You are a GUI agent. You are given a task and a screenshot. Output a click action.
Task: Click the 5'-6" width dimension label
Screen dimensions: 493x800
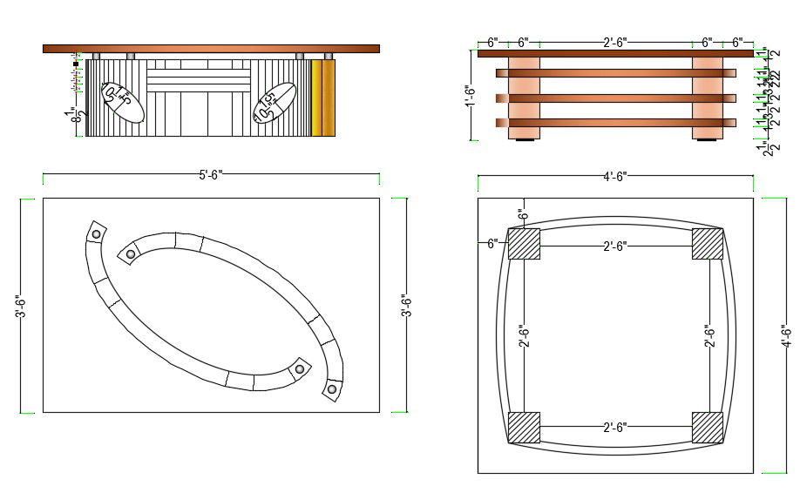coord(210,175)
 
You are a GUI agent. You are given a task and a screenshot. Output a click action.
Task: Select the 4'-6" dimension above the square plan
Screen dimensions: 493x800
coord(614,177)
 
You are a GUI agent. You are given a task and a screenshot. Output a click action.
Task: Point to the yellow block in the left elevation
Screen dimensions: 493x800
coord(322,98)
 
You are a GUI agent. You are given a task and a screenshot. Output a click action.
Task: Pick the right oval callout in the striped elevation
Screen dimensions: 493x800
coord(274,103)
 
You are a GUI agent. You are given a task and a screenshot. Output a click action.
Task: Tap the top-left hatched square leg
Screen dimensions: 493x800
coord(524,243)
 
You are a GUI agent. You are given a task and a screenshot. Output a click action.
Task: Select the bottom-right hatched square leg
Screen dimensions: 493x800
coord(707,427)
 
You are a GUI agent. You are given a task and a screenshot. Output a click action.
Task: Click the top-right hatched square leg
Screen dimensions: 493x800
coord(707,243)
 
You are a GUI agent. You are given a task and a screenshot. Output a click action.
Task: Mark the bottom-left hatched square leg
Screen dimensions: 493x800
coord(524,427)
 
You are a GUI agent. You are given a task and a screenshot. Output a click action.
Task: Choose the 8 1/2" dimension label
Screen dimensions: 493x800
coord(80,115)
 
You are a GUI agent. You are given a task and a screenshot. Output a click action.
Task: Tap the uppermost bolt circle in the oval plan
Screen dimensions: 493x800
coord(96,233)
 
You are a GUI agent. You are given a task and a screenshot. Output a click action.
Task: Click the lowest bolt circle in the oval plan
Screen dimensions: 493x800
coord(332,388)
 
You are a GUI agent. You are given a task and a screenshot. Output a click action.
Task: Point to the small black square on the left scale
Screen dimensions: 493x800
coord(77,64)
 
